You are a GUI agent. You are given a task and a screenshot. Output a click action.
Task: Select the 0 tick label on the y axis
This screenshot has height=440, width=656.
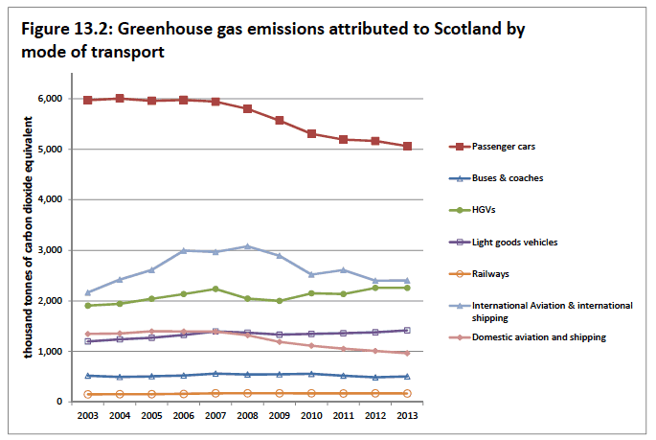(x=59, y=402)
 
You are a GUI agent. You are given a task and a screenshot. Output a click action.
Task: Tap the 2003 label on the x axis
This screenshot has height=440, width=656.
(x=88, y=417)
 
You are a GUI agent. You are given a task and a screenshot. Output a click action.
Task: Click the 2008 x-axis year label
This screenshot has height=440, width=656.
(x=247, y=417)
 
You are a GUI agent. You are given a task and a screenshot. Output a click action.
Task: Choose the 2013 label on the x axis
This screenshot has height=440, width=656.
(x=406, y=417)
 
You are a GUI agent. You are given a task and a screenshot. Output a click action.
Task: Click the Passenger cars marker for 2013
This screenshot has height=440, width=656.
(x=406, y=147)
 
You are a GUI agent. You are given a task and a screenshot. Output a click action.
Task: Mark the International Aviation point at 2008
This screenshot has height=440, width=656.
(x=247, y=246)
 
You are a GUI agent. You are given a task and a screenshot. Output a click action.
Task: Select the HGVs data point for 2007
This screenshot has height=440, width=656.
(x=215, y=289)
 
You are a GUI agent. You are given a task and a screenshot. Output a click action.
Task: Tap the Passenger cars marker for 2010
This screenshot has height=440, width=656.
(x=311, y=133)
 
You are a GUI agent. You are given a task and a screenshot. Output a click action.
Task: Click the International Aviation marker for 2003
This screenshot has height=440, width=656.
(x=88, y=292)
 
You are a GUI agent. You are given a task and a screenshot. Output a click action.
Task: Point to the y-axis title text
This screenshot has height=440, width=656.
(x=33, y=237)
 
